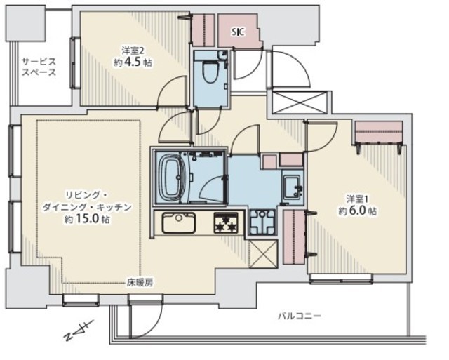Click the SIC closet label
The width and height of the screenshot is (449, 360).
(238, 32)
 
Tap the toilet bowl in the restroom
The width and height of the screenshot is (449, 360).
(210, 71)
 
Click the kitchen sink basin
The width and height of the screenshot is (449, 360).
(179, 222)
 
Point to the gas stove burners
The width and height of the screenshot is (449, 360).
(226, 222)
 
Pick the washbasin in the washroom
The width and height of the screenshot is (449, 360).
(293, 187)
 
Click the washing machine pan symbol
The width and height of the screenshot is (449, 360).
(262, 222)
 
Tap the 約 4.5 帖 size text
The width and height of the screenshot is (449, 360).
(133, 62)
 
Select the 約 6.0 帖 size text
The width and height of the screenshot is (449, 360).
(358, 211)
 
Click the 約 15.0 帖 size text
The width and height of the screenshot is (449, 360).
(87, 219)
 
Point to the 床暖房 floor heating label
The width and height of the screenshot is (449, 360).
(140, 283)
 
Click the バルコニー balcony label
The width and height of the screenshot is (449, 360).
(300, 316)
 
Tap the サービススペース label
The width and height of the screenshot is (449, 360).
(39, 67)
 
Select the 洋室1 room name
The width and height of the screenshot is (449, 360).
(357, 198)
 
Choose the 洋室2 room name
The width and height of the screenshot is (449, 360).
(133, 51)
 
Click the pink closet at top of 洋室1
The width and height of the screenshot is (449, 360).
(379, 133)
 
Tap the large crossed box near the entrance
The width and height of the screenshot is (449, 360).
(300, 102)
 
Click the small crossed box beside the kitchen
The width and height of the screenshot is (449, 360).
(263, 254)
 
